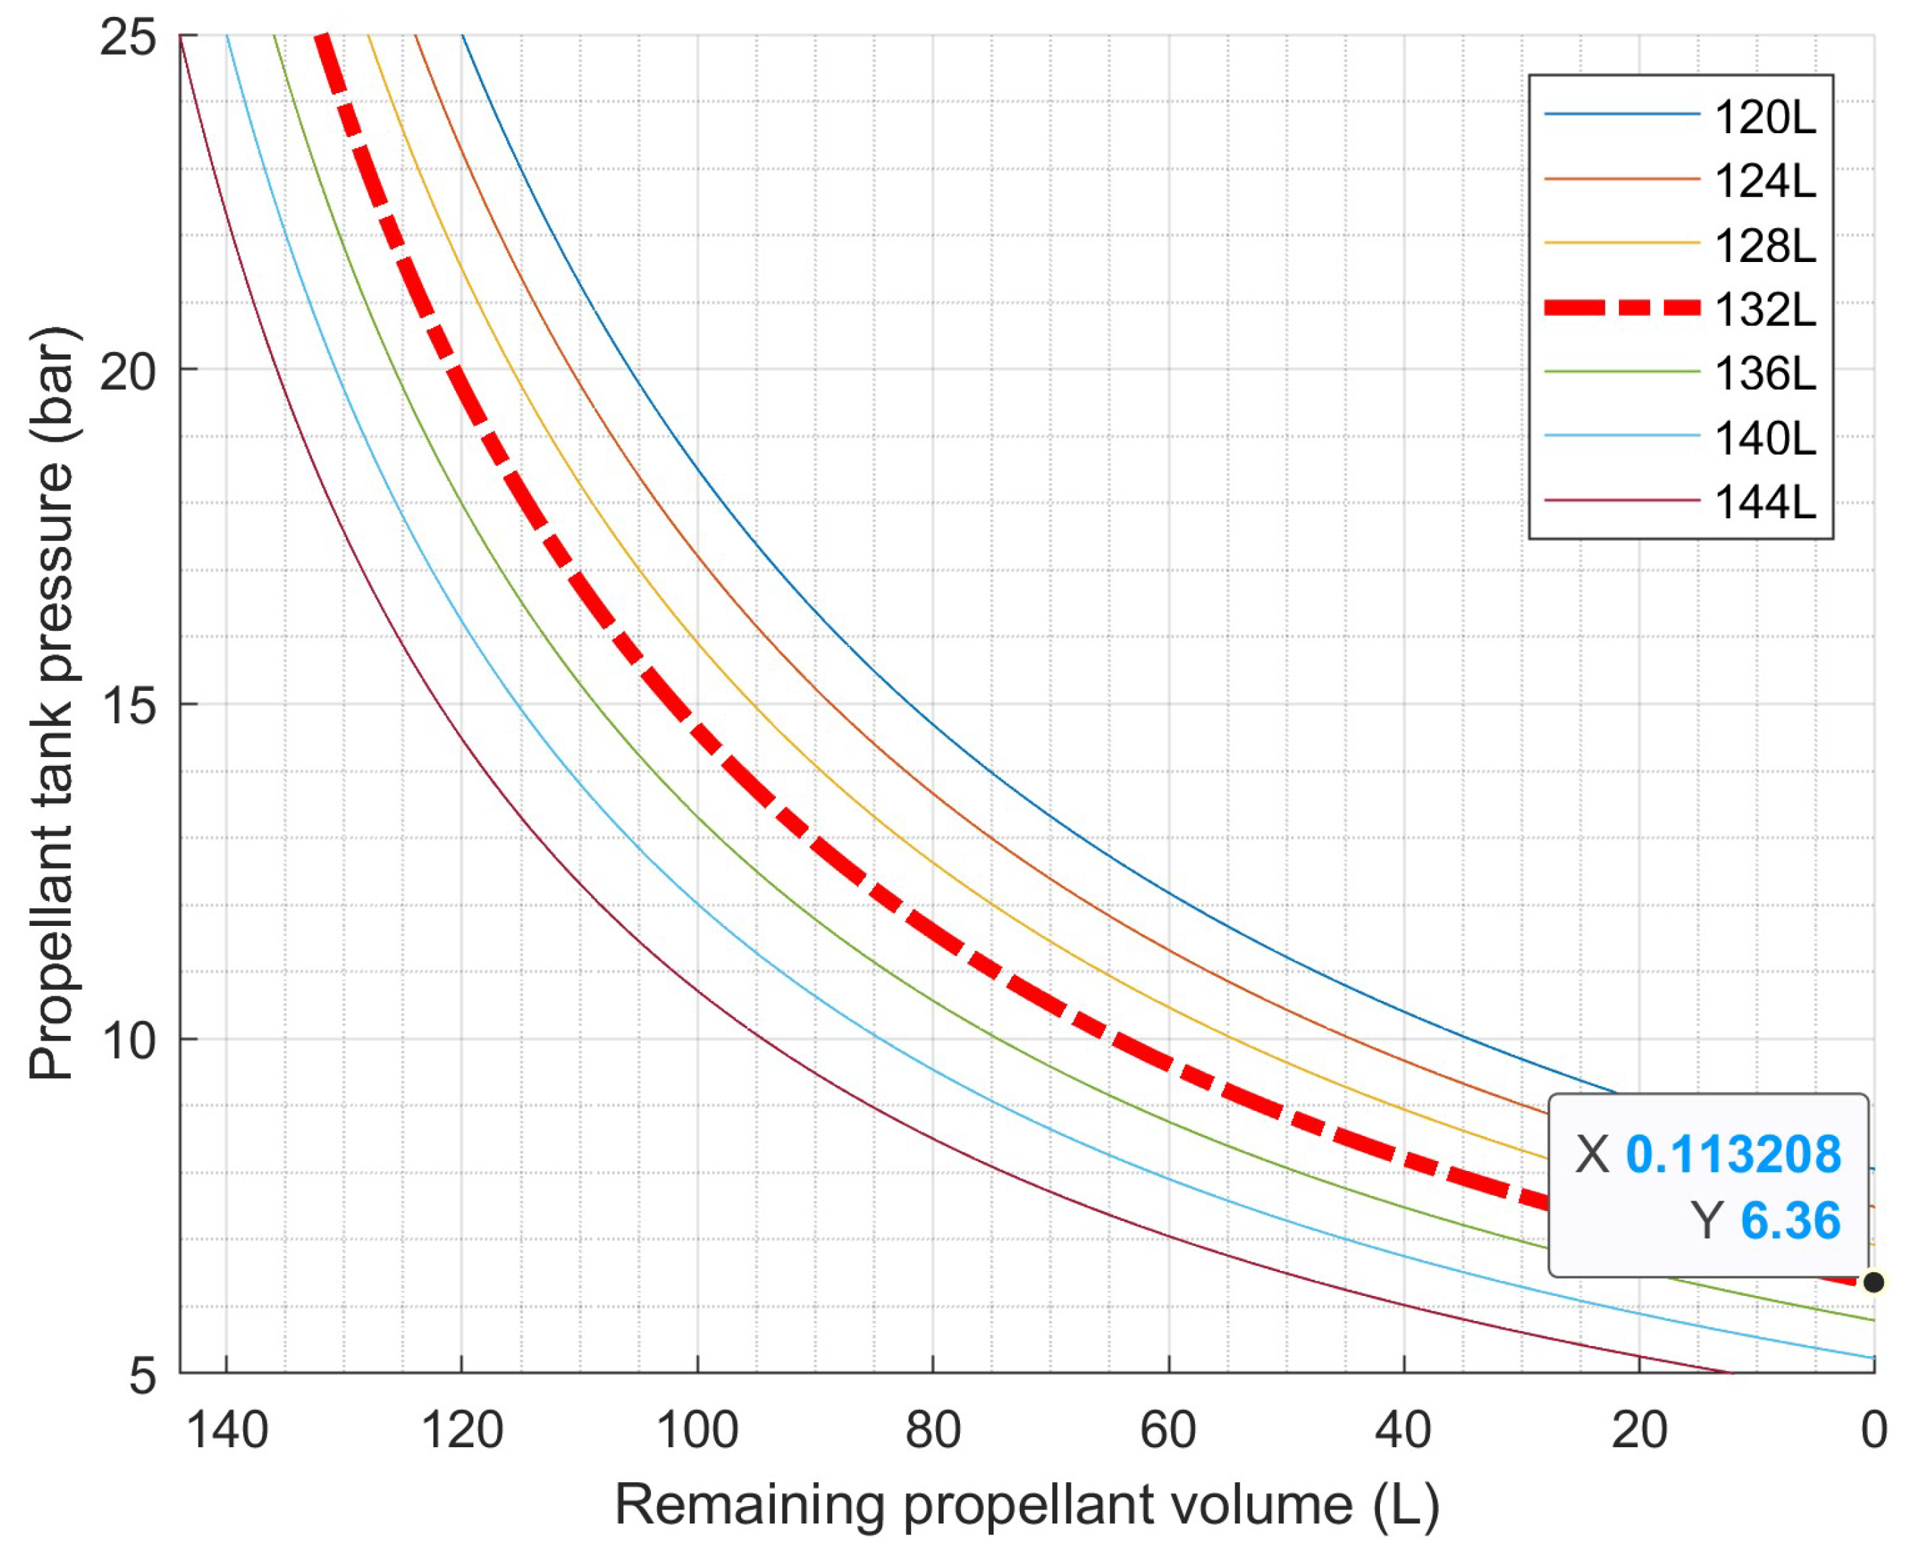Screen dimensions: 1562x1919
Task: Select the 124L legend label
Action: click(1764, 182)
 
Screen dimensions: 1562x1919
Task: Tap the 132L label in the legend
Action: click(1764, 309)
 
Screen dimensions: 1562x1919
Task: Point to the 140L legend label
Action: click(1764, 438)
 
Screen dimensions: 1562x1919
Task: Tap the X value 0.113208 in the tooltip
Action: click(1733, 1154)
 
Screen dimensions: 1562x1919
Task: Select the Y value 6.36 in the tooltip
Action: click(1789, 1221)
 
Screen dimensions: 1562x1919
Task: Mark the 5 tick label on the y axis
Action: click(143, 1375)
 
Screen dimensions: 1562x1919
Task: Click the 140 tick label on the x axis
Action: click(227, 1430)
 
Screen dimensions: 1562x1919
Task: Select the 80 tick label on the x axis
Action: click(933, 1430)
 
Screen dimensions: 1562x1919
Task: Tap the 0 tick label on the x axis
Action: click(1874, 1430)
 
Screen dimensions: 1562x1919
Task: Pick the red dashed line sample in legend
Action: click(1621, 309)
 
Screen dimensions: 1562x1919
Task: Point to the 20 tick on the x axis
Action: click(1639, 1430)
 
